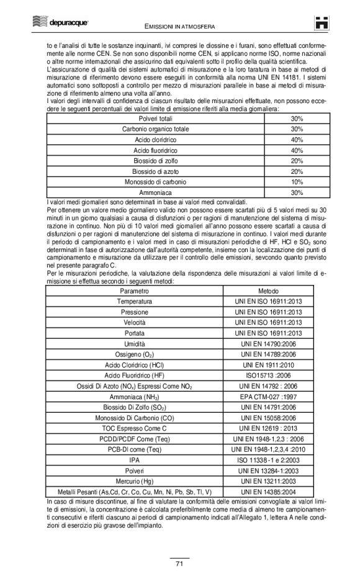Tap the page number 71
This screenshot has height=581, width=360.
coord(179,562)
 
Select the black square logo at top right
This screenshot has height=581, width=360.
coord(321,23)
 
